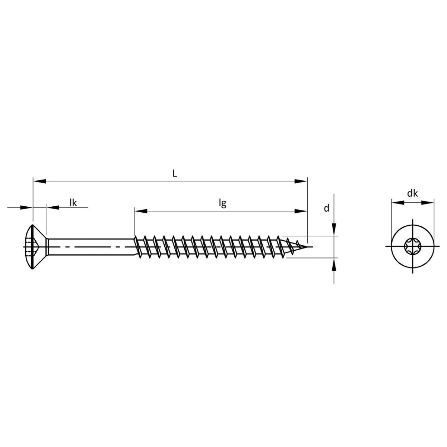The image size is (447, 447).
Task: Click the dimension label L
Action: pos(175,173)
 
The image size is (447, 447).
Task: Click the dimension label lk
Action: pos(73,203)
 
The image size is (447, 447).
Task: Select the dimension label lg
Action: pos(222,203)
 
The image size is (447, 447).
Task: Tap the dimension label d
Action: pos(326,208)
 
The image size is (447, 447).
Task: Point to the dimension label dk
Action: pos(412,193)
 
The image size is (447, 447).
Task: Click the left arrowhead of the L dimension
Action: pos(39,181)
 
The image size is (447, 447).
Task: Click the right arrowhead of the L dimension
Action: pos(301,181)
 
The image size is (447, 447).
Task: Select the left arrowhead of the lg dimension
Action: pos(140,211)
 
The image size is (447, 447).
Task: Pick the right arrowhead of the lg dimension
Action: pos(301,211)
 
